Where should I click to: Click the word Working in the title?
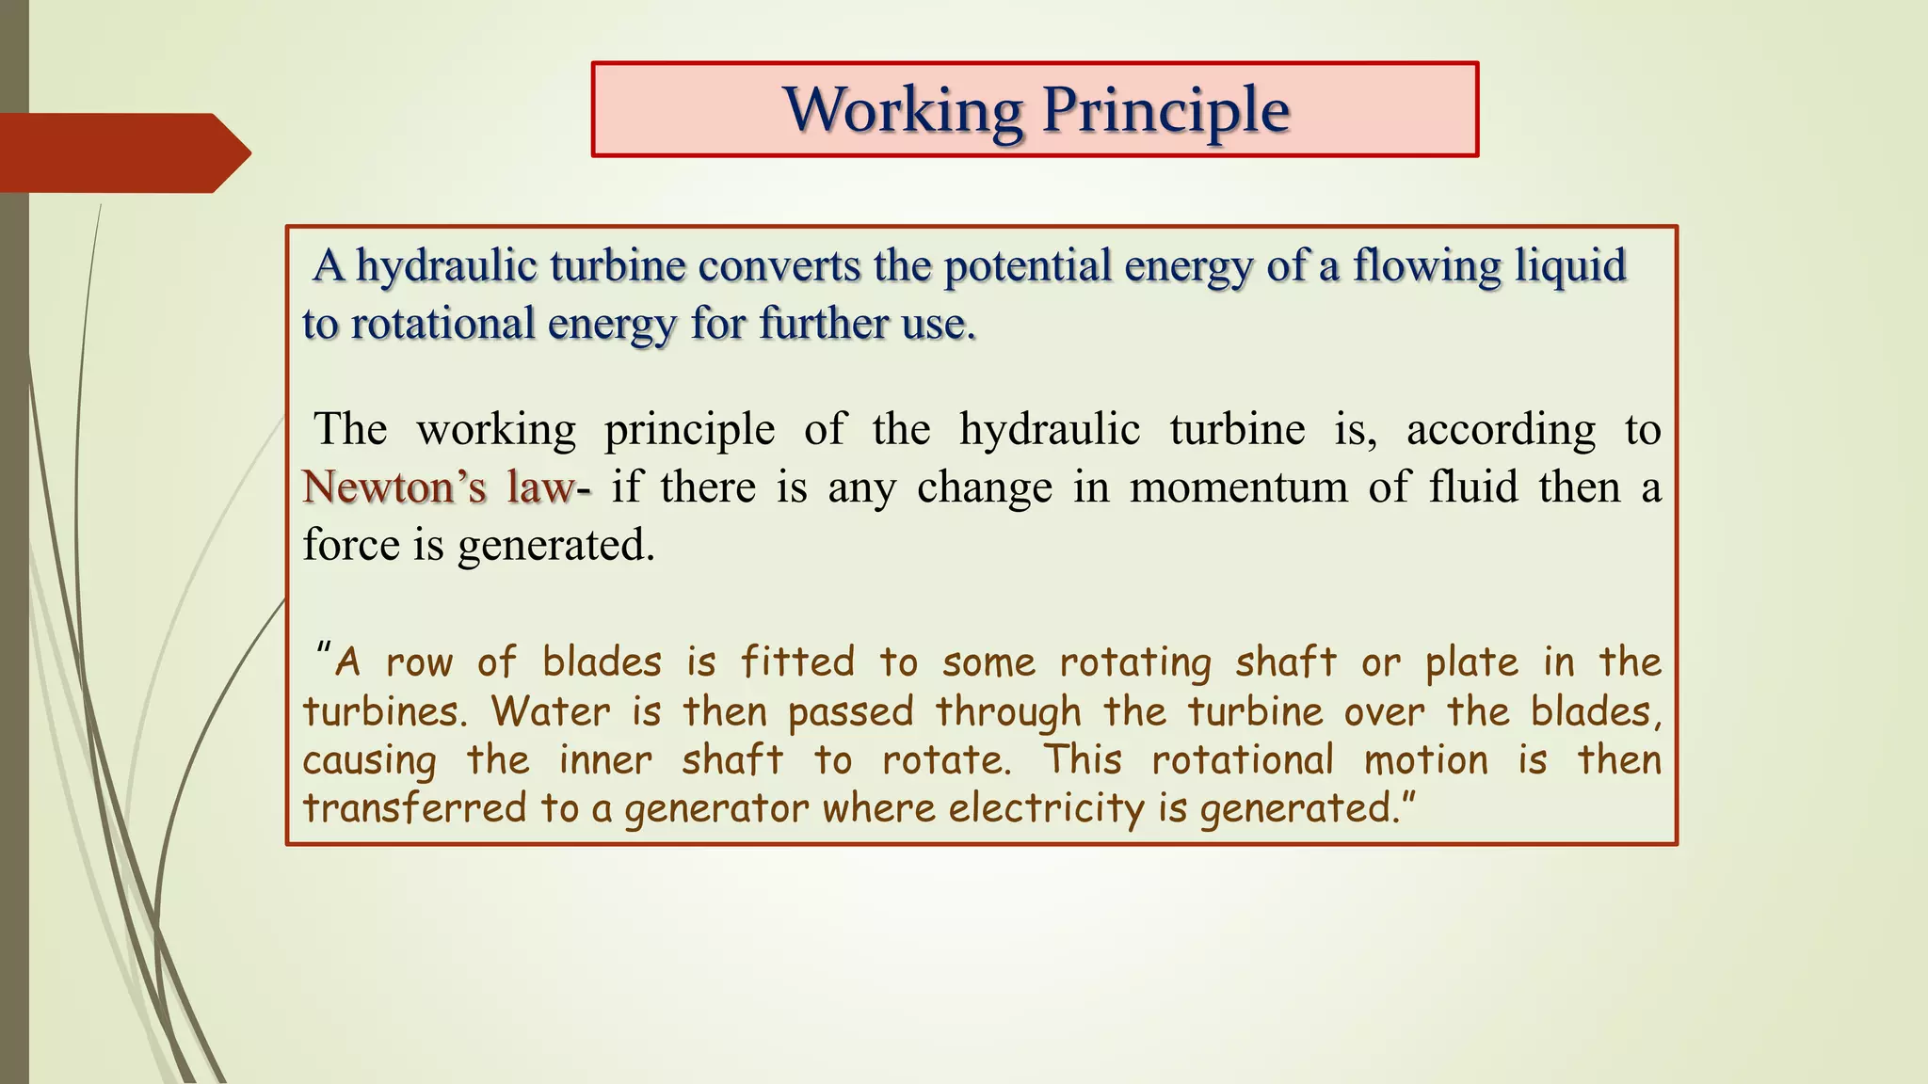903,110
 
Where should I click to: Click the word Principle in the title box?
1165,110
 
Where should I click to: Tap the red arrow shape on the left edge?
122,152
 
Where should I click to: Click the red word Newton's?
394,487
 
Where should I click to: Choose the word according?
1501,430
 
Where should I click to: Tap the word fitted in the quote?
797,662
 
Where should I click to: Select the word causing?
369,760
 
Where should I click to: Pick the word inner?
604,760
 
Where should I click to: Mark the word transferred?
414,808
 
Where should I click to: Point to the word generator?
716,808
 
